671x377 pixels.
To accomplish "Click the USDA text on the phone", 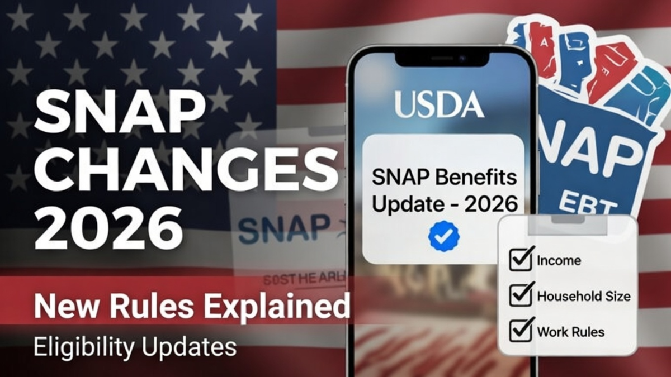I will (438, 104).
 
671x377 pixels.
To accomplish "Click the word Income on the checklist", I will (559, 260).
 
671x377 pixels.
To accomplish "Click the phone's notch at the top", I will (442, 58).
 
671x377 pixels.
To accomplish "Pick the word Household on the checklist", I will (565, 295).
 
